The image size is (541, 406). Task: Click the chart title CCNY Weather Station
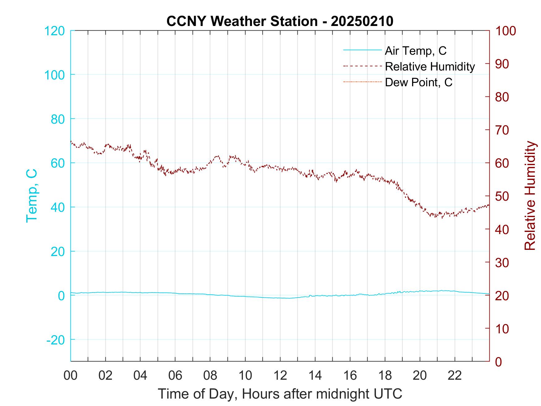(x=242, y=21)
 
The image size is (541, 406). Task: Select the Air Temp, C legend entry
(x=415, y=50)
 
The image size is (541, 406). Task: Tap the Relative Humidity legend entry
(x=430, y=66)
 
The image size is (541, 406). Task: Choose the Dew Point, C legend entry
(x=419, y=82)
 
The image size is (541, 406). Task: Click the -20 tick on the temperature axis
(x=56, y=340)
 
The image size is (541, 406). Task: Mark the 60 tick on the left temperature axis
(x=58, y=163)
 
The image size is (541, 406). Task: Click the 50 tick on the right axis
(x=502, y=196)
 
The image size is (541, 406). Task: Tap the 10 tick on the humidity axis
(x=502, y=328)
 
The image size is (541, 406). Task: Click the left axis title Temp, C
(x=32, y=196)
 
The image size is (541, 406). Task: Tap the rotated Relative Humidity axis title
(x=530, y=196)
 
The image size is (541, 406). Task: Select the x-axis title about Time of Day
(x=280, y=394)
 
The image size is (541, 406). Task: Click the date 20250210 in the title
(x=362, y=21)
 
